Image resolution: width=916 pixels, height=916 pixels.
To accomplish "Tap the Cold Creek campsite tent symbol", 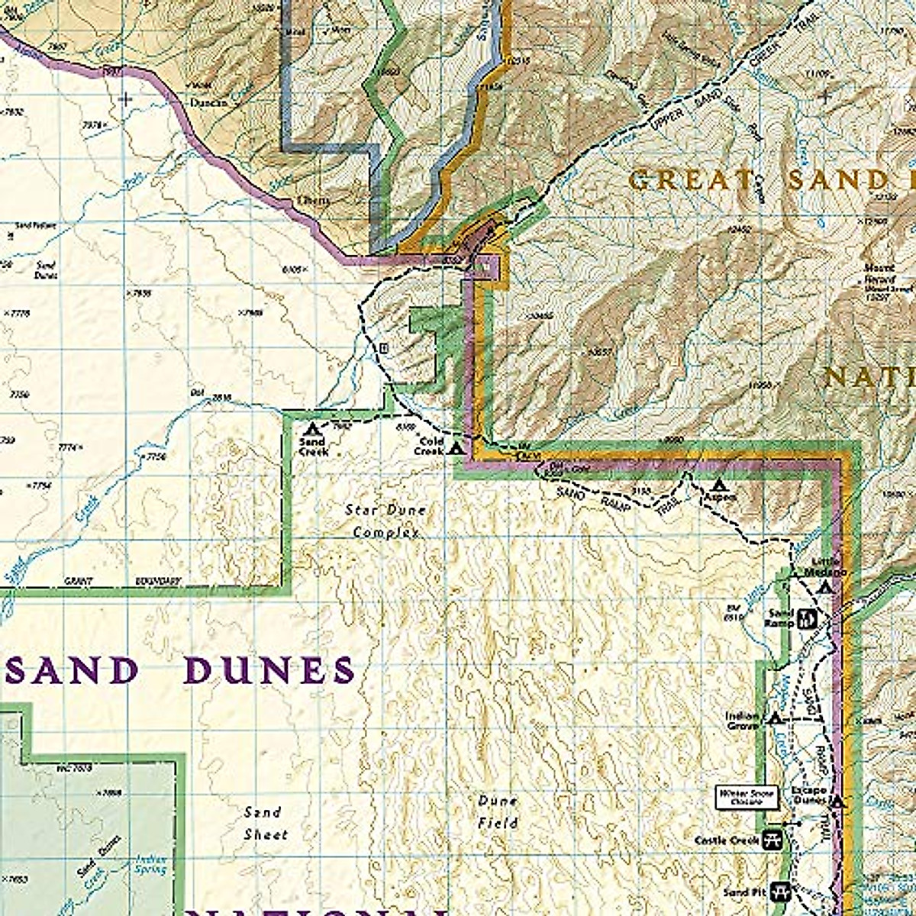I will [456, 448].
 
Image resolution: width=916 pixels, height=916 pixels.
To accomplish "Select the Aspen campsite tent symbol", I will [718, 485].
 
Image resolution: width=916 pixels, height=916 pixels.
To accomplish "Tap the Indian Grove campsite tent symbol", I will [775, 718].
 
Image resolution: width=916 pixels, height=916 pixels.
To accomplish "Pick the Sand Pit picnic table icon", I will [779, 890].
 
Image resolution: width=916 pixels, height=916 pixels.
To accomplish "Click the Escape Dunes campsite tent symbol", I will [837, 802].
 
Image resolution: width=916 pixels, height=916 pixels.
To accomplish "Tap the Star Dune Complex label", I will [385, 521].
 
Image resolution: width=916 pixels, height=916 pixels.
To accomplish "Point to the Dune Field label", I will [498, 812].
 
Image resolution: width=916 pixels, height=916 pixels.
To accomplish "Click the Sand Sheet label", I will [264, 823].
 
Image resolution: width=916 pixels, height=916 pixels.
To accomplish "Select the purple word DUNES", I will [269, 671].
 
